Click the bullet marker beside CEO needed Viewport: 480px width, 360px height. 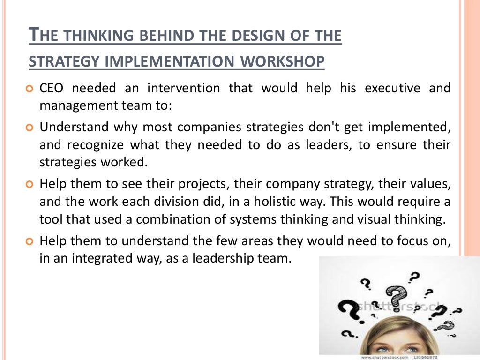tap(30, 89)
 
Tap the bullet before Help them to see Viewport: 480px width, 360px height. tap(30, 184)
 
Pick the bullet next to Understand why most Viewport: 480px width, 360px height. tap(30, 127)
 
